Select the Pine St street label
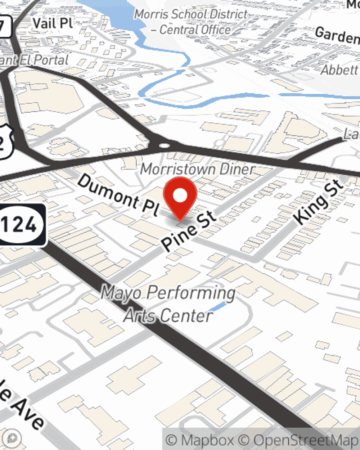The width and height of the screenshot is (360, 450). click(189, 231)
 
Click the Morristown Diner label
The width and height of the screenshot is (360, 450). click(198, 169)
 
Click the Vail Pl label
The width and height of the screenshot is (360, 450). click(53, 23)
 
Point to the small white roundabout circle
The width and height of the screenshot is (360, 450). click(164, 146)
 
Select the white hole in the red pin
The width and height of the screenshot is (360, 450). click(180, 195)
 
